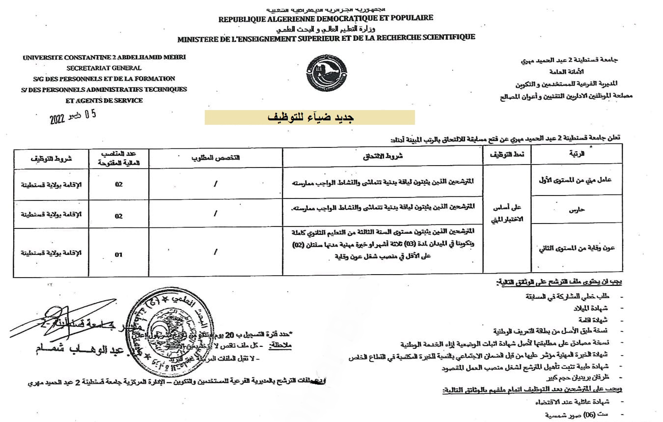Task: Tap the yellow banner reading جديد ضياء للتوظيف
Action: pos(309,117)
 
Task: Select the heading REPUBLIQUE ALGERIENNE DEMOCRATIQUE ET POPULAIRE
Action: pos(326,18)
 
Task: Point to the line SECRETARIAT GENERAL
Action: pos(104,68)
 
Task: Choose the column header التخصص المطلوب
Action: pos(216,157)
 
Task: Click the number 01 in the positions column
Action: pos(118,254)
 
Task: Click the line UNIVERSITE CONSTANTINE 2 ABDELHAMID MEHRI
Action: pos(104,57)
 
